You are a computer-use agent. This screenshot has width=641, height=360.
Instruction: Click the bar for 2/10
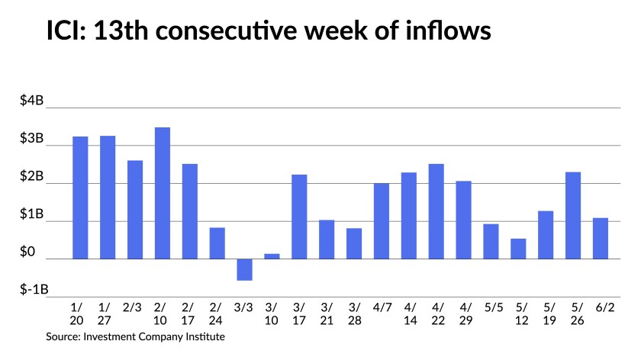click(x=163, y=193)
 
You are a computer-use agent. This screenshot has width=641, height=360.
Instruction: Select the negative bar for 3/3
click(x=244, y=269)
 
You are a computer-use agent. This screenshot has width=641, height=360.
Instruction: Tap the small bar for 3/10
click(x=272, y=256)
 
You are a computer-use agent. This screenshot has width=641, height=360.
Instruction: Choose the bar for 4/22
click(x=436, y=211)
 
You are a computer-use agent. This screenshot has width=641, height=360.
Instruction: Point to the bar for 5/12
click(x=518, y=249)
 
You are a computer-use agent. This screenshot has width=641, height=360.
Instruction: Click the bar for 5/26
click(x=573, y=215)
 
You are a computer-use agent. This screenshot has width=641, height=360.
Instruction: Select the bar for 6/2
click(x=601, y=239)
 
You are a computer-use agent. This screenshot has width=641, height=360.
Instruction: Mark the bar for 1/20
click(x=80, y=198)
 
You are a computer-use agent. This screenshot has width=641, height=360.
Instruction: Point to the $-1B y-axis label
click(x=32, y=290)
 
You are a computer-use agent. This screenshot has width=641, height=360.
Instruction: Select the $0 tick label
click(x=36, y=252)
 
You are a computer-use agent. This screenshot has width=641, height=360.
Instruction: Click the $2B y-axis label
click(x=34, y=177)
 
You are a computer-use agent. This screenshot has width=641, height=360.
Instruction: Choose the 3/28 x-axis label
click(x=354, y=314)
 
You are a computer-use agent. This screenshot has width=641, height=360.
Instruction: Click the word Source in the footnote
click(x=63, y=336)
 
